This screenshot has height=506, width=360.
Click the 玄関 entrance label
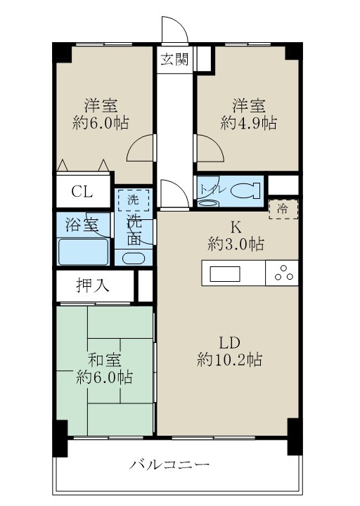tap(174, 60)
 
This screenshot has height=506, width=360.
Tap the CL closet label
tap(82, 192)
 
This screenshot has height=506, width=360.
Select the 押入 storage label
tap(92, 285)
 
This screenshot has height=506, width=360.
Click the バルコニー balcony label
tap(169, 465)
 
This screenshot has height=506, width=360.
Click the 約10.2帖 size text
tap(230, 360)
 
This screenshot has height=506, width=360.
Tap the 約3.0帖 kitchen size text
tap(236, 245)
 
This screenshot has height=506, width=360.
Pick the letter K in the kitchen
tap(236, 227)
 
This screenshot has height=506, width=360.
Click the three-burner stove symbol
tap(283, 273)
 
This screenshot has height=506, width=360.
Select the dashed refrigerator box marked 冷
tap(283, 209)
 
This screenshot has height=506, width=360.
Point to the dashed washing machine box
tap(133, 200)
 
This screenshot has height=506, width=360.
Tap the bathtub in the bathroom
tap(83, 251)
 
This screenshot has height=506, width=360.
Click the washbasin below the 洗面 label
tap(133, 257)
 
